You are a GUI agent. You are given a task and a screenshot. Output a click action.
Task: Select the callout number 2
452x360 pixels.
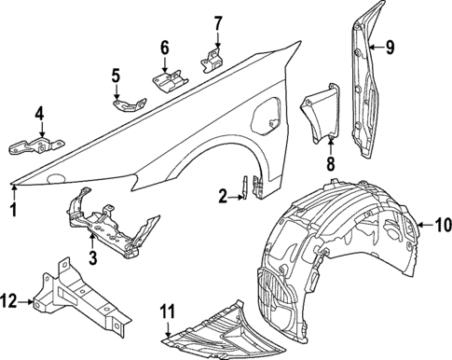[223, 195]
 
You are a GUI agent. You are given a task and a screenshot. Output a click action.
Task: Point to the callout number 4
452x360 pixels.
[40, 115]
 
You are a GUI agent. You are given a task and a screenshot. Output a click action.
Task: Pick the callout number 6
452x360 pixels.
[164, 48]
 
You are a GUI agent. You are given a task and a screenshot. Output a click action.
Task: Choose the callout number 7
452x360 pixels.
[217, 22]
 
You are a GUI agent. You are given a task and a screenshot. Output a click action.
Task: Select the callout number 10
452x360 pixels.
[442, 224]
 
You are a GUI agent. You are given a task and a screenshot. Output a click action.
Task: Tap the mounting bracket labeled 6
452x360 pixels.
[170, 83]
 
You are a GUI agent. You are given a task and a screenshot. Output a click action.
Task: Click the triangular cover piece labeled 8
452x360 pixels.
[319, 114]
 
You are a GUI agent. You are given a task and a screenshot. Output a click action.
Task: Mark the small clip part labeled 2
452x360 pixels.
[246, 186]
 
